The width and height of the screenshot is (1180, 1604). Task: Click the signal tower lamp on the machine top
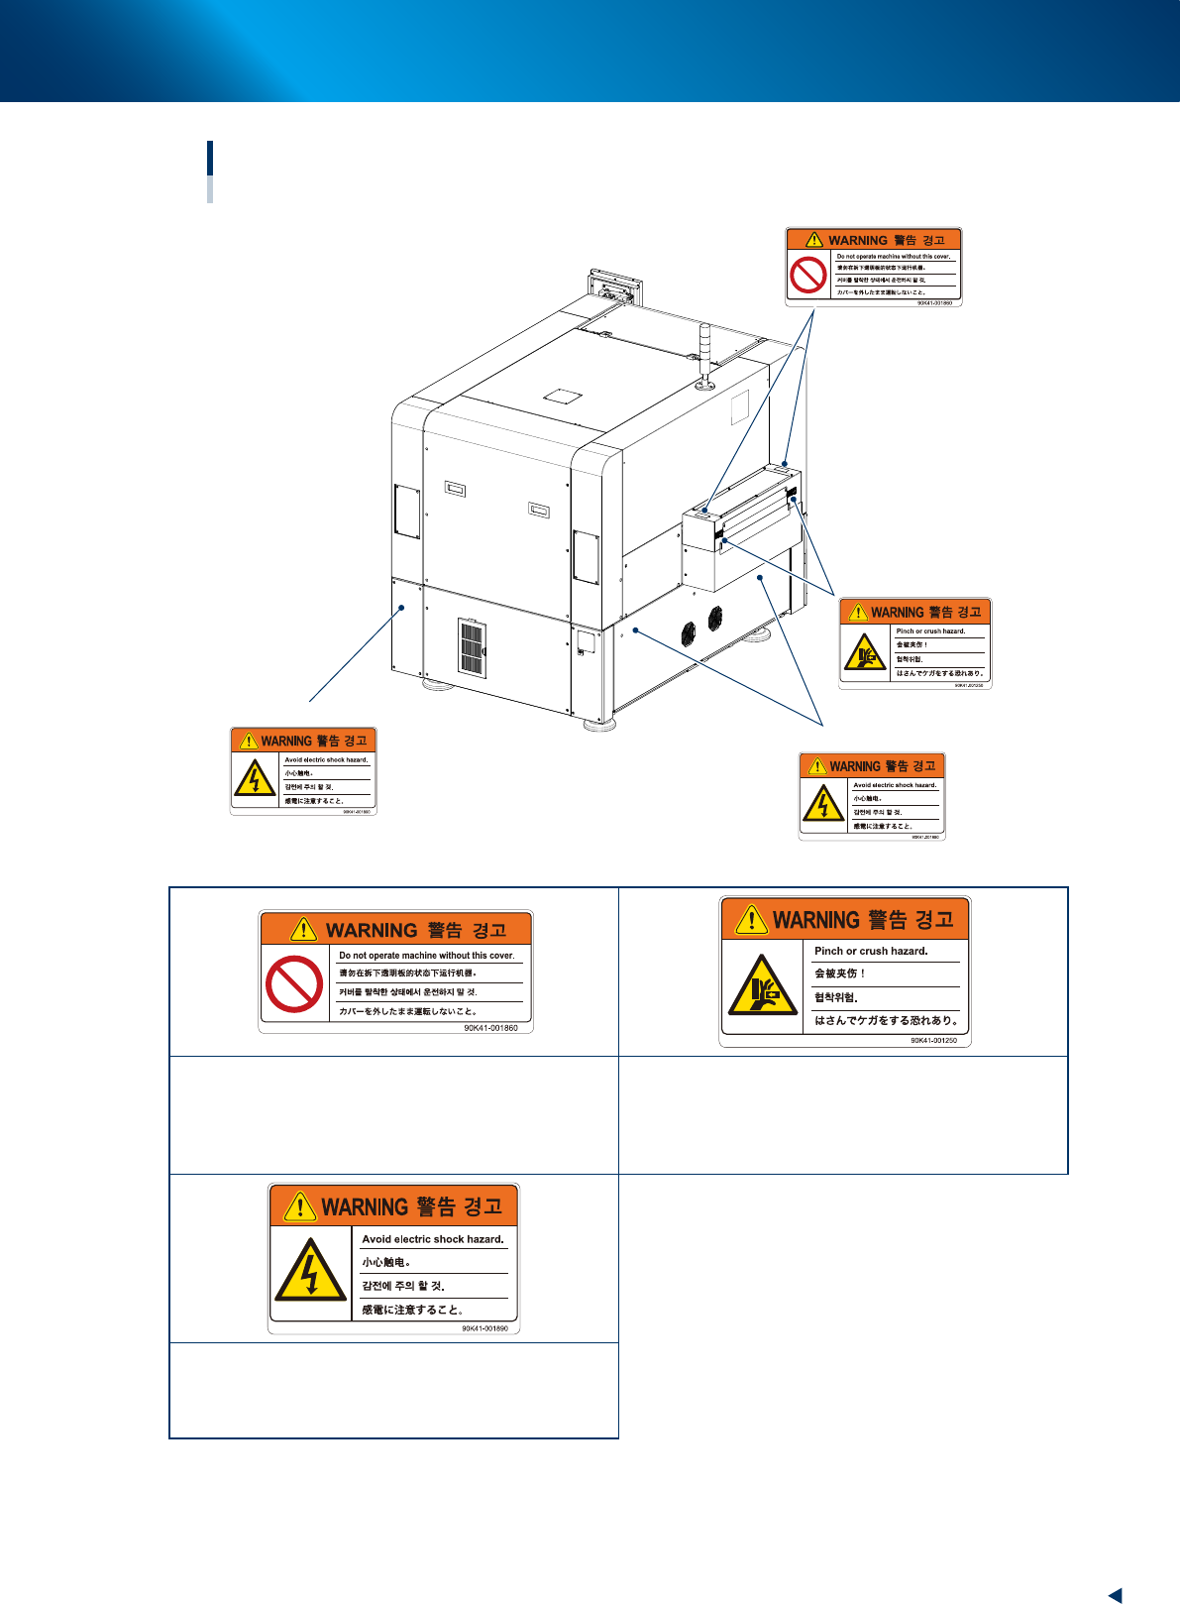coord(705,352)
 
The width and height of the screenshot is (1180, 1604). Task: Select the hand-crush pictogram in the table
coord(762,986)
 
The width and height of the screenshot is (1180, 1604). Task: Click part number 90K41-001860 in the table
coord(490,1028)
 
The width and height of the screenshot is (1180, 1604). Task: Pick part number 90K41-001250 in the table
coord(933,1041)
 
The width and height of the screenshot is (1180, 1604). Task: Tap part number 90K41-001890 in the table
coord(484,1328)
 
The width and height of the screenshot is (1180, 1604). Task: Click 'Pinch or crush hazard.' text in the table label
coord(871,951)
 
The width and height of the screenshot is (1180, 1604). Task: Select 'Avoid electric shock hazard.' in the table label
coord(432,1239)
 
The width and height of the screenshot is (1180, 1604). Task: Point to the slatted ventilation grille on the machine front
coord(473,648)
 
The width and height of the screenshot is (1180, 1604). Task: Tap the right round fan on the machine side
coord(714,618)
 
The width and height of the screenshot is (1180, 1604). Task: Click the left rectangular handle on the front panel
coord(455,490)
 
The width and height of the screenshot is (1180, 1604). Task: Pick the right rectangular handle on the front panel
coord(539,511)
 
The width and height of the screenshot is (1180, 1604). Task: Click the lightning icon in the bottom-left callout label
coord(256,779)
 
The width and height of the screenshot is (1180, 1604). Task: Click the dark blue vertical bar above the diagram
coord(210,159)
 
